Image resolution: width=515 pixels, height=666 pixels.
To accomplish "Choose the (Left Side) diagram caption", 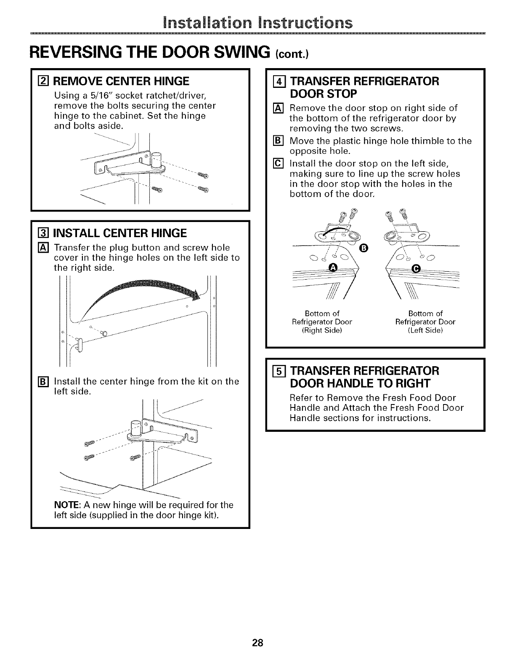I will click(425, 330).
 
